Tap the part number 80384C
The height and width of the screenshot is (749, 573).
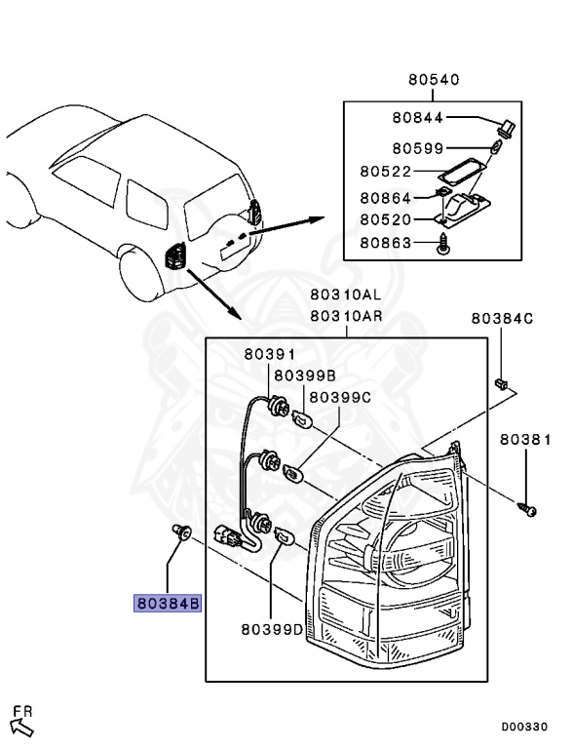pos(502,318)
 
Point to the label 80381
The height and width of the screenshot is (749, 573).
pos(525,440)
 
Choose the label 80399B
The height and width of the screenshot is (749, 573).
pos(304,374)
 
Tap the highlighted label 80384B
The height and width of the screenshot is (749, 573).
pos(168,604)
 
